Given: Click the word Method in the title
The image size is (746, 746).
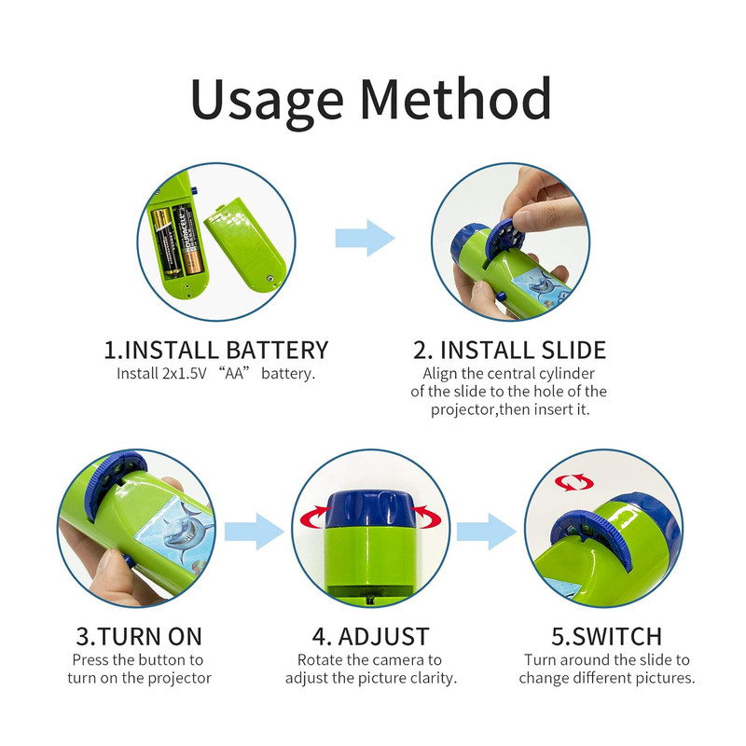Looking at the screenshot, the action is [x=456, y=98].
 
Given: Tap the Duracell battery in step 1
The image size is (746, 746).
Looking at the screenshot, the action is [x=187, y=241].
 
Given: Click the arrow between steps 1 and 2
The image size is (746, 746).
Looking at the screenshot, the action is [x=365, y=238].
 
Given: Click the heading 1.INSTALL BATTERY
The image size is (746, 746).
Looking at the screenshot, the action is [x=216, y=351].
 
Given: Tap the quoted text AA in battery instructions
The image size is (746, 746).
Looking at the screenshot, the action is [x=234, y=373].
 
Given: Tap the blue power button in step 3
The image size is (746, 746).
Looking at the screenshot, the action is [x=128, y=559].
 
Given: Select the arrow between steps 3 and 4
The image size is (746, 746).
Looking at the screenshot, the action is [x=254, y=532].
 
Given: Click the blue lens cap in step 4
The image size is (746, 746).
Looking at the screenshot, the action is [x=370, y=509].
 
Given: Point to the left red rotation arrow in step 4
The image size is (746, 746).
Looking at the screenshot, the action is [x=312, y=518].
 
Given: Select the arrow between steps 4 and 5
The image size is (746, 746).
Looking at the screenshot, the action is [x=486, y=532].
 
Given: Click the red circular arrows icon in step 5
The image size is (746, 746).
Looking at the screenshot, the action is [x=573, y=482].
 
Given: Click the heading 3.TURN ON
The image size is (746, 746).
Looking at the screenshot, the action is [x=139, y=637].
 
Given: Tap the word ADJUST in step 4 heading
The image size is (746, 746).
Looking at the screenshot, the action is [x=383, y=637].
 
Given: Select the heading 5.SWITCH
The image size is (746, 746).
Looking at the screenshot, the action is [x=607, y=637].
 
